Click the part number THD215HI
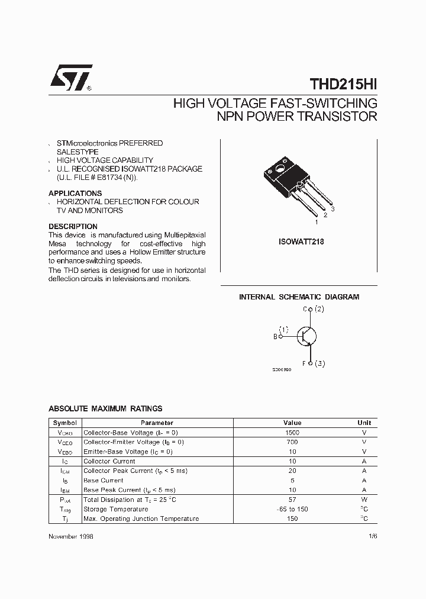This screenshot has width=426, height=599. (x=343, y=84)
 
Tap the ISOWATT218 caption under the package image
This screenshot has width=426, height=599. (x=301, y=241)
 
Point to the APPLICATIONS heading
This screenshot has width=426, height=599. (x=75, y=194)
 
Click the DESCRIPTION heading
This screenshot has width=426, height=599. (x=73, y=227)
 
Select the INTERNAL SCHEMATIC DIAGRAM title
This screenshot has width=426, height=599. (x=299, y=297)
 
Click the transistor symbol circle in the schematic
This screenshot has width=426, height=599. (x=306, y=336)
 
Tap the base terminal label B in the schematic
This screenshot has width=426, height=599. (x=275, y=336)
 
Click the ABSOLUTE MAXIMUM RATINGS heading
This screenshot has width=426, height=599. (x=105, y=408)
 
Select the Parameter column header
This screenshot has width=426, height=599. (x=157, y=423)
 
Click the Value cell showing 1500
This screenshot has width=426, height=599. (x=292, y=433)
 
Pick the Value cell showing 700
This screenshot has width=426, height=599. (x=292, y=442)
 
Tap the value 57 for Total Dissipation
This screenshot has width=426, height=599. (x=292, y=500)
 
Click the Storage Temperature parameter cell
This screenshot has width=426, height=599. (x=116, y=509)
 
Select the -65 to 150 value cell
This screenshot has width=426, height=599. (x=292, y=509)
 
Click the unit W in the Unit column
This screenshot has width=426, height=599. (x=364, y=500)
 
